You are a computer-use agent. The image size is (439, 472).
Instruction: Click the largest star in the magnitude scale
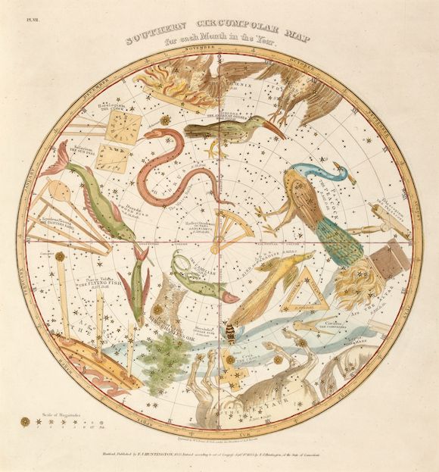coord(25,420)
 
